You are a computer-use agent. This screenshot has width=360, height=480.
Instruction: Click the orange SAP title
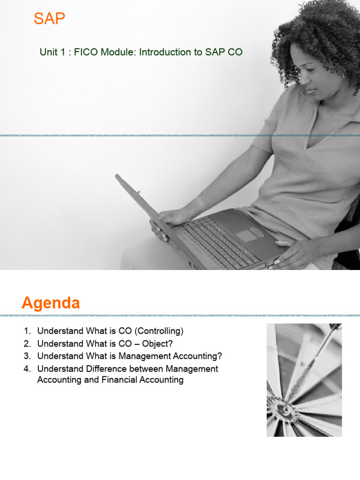50,20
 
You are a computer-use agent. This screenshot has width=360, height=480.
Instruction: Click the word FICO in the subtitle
82,52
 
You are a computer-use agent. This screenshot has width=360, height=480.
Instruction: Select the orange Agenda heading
51,303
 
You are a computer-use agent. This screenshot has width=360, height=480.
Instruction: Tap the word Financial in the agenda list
119,380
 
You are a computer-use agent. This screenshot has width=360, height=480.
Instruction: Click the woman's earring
343,75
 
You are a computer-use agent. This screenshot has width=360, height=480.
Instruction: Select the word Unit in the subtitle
48,52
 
